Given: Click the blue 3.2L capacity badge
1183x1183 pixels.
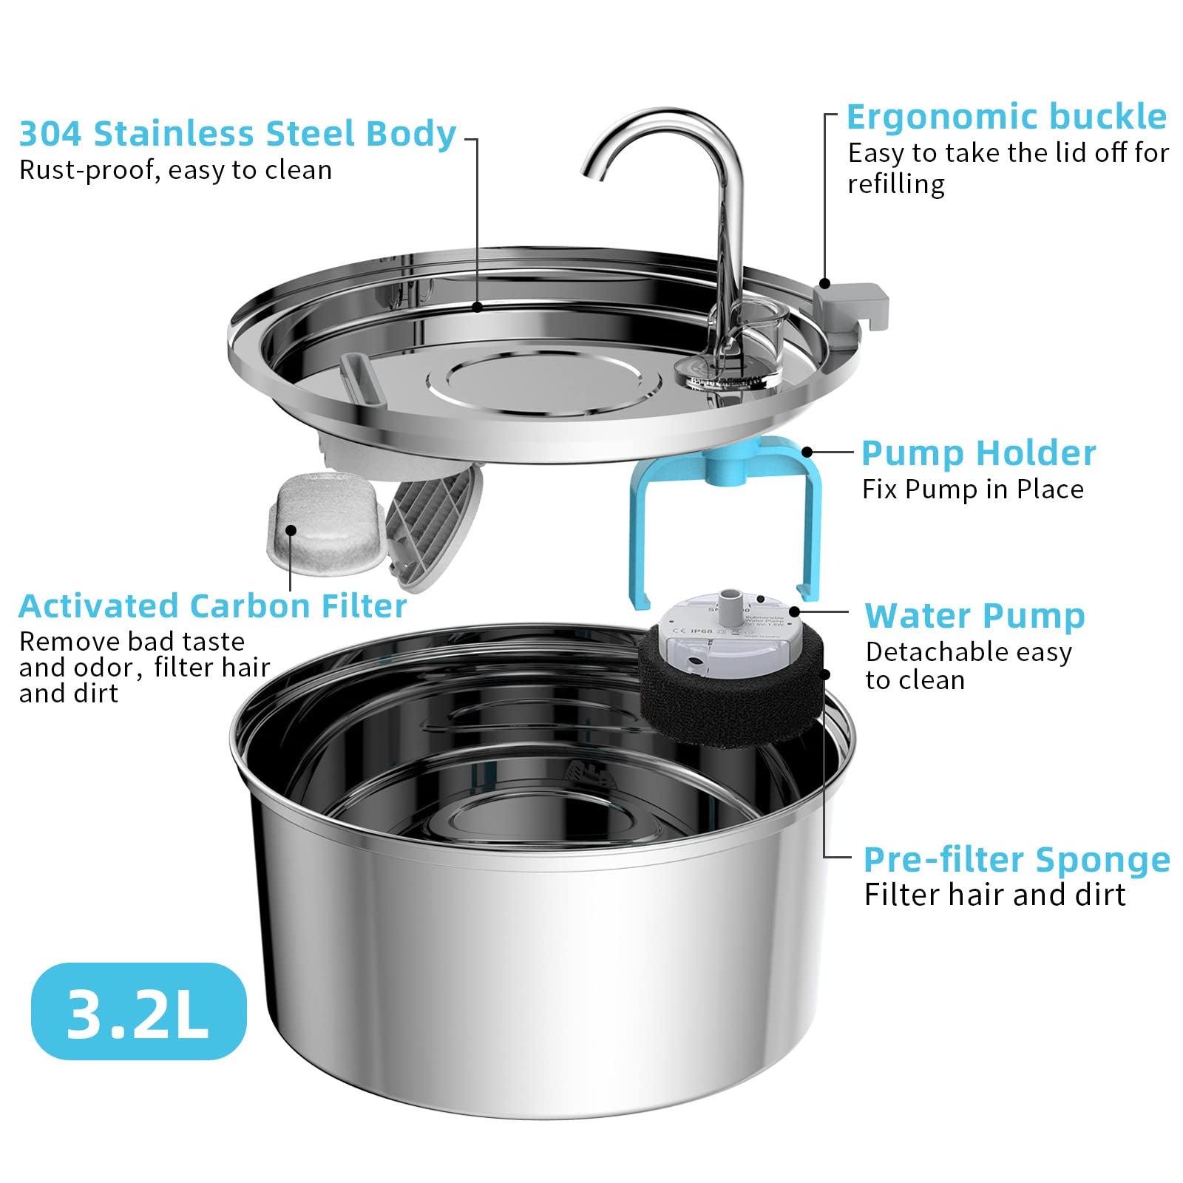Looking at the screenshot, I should (x=138, y=1011).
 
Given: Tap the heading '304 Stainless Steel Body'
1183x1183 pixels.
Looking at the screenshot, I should (x=237, y=134).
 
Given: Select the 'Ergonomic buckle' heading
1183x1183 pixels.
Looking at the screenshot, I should (x=1006, y=117).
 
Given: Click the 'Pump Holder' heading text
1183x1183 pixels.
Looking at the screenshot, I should (x=978, y=453).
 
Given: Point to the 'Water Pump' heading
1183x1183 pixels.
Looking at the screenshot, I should (x=974, y=616).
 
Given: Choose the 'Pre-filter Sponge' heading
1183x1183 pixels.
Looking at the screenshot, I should (x=1017, y=860).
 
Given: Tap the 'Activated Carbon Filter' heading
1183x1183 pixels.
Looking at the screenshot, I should (x=213, y=606).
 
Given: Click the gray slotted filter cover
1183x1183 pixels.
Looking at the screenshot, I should (x=433, y=529).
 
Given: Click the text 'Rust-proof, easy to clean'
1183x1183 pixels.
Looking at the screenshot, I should (x=175, y=171).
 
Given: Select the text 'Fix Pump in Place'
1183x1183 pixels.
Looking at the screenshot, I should (x=972, y=489).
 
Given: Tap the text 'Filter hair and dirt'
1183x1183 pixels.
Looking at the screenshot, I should (x=994, y=895).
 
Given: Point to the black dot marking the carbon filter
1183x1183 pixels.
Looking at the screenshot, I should (x=291, y=530).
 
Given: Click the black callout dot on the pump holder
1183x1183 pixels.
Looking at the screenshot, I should (x=807, y=452).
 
